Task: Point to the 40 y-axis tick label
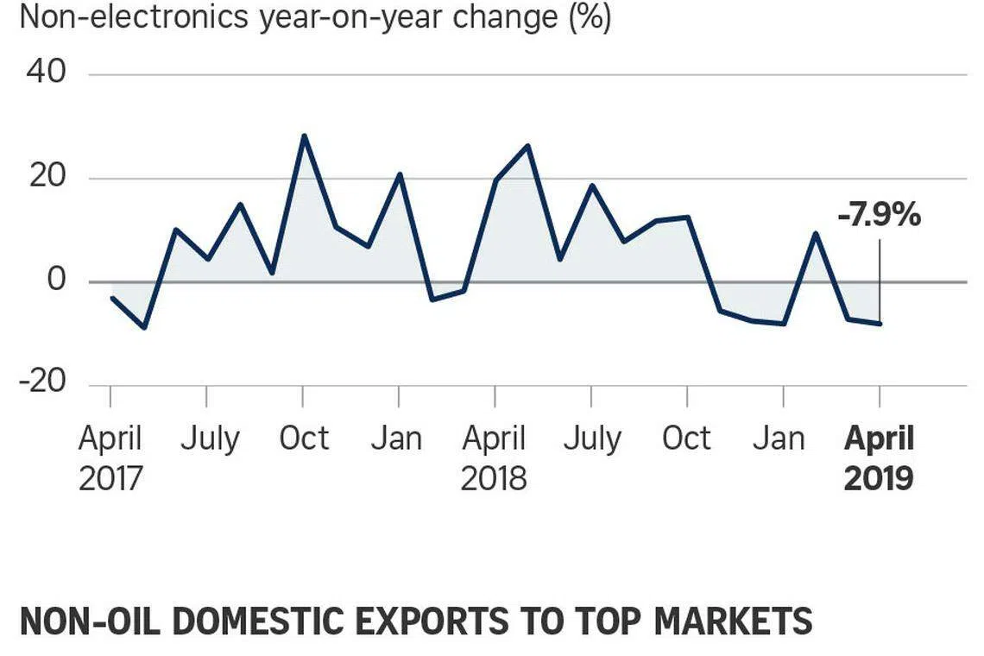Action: tap(46, 73)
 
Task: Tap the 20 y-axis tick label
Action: tap(46, 177)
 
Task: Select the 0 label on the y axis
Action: tap(56, 280)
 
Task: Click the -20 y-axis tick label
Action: tap(42, 382)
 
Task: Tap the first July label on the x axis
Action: tap(209, 438)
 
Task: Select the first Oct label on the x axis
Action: tap(304, 438)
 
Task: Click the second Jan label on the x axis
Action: tap(779, 438)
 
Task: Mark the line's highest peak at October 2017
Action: tap(304, 136)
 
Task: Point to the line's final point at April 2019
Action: tap(880, 324)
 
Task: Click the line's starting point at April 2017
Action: tap(111, 297)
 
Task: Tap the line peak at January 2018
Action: tap(400, 174)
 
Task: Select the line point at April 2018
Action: tap(495, 180)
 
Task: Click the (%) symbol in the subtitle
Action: tap(590, 17)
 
